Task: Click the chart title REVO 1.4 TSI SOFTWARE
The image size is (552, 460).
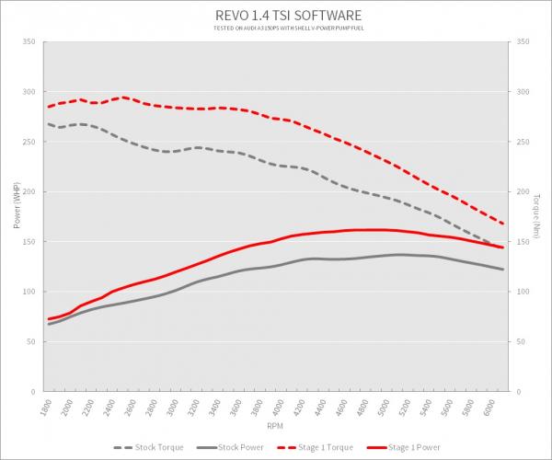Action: pyautogui.click(x=276, y=15)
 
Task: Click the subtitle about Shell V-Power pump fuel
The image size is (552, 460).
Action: pyautogui.click(x=276, y=29)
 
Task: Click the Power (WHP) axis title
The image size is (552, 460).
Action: pyautogui.click(x=17, y=208)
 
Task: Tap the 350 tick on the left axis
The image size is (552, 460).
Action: pyautogui.click(x=29, y=42)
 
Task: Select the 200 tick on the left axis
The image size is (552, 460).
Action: pyautogui.click(x=29, y=192)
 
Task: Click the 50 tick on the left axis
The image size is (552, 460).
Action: pyautogui.click(x=31, y=341)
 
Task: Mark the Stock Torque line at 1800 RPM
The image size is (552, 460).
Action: pyautogui.click(x=49, y=124)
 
